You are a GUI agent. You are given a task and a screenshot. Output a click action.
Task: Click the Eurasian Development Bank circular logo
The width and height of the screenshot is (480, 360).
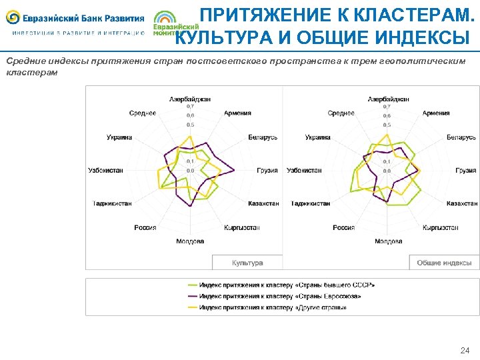coord(13,17)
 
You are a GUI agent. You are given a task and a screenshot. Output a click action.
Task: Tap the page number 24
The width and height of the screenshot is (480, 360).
coord(465,350)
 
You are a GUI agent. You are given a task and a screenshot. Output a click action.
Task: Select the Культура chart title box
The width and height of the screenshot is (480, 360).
coord(247,263)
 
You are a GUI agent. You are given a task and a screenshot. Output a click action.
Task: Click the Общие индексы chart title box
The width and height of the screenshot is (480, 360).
coord(444,263)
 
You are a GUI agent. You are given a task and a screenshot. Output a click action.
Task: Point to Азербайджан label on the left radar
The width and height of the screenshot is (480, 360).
coord(190,99)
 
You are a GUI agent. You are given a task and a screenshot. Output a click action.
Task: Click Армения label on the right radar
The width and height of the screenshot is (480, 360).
coord(436,113)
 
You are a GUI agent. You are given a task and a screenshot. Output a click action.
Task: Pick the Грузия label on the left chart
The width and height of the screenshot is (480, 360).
coord(267,171)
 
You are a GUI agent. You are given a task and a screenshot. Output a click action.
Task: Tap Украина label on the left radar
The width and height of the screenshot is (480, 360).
coord(119,137)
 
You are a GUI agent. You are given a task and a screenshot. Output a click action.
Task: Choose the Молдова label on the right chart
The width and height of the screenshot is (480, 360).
coord(389,241)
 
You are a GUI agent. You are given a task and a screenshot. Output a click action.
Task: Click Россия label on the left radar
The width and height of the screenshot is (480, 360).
coord(145,227)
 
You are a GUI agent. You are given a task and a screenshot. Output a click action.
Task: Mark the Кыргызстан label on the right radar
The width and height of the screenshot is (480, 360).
coord(441,227)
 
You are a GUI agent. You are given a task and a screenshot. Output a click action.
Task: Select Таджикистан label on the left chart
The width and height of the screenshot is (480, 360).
coord(112,203)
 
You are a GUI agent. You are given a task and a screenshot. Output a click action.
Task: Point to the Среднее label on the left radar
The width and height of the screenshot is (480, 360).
coord(143,113)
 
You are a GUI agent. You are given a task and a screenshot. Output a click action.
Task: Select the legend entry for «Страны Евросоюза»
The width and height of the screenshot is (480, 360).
coord(280,296)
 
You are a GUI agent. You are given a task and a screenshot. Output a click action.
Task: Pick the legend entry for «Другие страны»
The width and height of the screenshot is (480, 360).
coord(273,307)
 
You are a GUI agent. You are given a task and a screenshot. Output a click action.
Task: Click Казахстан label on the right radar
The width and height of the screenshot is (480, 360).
coord(462,203)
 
